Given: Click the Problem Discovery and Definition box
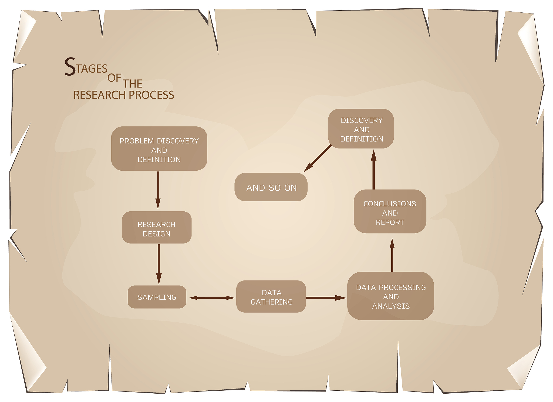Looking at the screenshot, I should pyautogui.click(x=159, y=149).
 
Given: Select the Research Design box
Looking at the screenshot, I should pyautogui.click(x=157, y=227).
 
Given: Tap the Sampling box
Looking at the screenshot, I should pyautogui.click(x=157, y=297).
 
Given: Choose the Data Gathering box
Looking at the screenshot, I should pyautogui.click(x=271, y=296).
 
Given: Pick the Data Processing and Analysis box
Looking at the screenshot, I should pyautogui.click(x=390, y=296).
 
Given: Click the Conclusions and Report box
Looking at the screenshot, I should pyautogui.click(x=390, y=211).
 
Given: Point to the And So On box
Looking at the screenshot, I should pyautogui.click(x=271, y=187).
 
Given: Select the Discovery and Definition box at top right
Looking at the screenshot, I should pyautogui.click(x=361, y=129).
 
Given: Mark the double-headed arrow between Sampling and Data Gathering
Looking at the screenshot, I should pyautogui.click(x=211, y=298).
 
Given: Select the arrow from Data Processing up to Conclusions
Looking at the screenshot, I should pyautogui.click(x=392, y=255).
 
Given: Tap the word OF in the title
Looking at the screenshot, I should pyautogui.click(x=114, y=78).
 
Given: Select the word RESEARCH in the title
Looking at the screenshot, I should pyautogui.click(x=100, y=95).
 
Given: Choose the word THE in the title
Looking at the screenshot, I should pyautogui.click(x=133, y=84).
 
